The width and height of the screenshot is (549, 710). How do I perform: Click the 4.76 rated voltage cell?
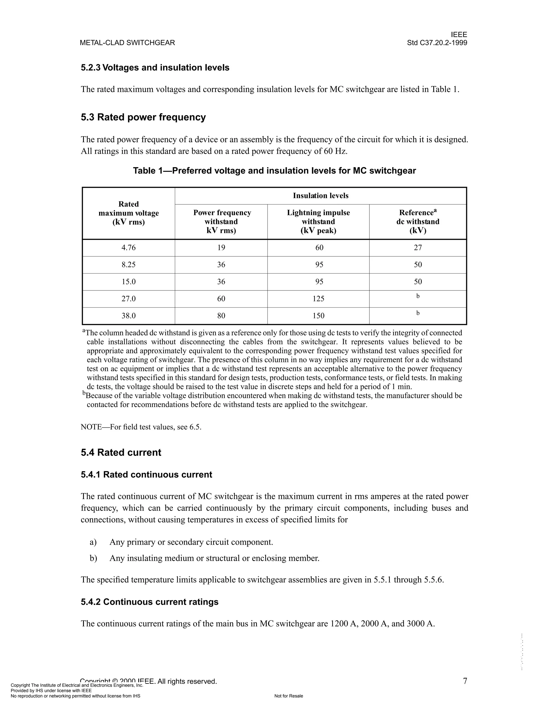coord(128,248)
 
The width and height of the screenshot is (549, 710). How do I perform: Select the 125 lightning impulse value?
coord(318,299)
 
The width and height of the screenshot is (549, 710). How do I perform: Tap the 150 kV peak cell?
coord(318,316)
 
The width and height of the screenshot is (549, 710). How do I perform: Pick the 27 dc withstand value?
coord(418,248)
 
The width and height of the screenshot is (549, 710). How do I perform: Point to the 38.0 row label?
coord(128,316)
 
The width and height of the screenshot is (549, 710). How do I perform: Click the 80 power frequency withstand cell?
coord(221,316)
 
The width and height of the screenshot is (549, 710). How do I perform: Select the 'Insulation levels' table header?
coord(320,196)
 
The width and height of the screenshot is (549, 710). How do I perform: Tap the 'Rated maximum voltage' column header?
coord(128,213)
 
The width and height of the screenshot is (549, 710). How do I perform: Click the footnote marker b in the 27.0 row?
coord(418,296)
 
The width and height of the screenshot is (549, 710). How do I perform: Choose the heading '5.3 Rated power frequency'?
coord(143,117)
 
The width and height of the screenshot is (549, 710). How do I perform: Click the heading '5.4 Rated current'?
coord(121,453)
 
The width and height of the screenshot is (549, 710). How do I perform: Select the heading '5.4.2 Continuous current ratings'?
coord(150,602)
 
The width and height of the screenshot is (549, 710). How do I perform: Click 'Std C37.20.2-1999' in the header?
coord(437,43)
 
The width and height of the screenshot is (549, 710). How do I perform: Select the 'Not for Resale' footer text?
coord(288,696)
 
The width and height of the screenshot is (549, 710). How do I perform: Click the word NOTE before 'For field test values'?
coord(91,427)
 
